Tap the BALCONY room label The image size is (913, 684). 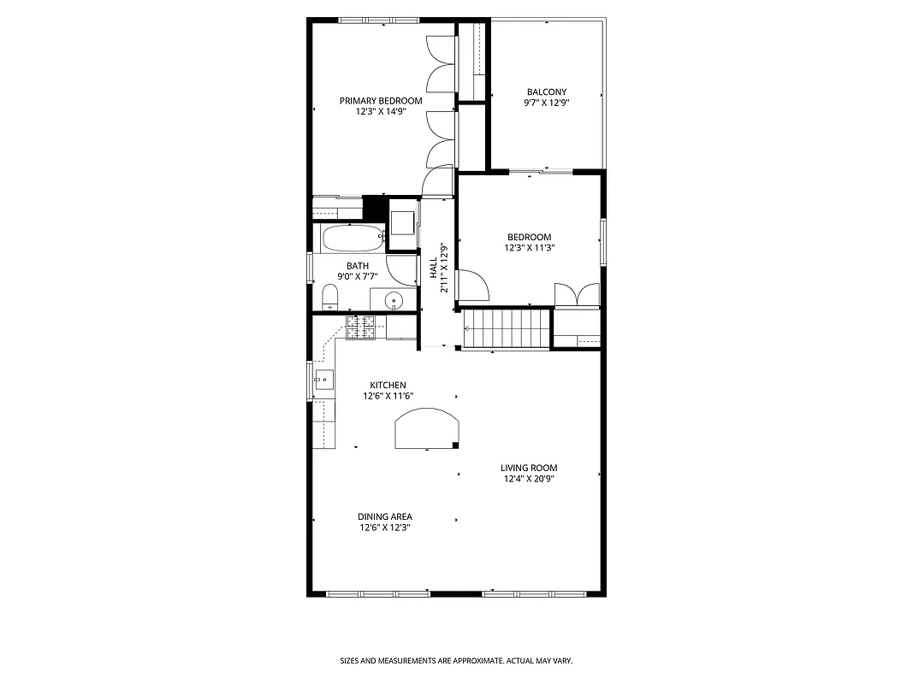[546, 91]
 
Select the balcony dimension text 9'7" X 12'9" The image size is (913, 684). [546, 103]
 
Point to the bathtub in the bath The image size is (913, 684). [353, 238]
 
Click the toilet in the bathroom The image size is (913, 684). [330, 298]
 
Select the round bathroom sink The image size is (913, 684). [394, 300]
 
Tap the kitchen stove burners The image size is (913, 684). [361, 327]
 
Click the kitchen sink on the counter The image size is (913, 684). [323, 380]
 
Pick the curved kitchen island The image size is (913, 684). [427, 428]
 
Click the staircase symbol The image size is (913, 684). [506, 329]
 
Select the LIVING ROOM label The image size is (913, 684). [529, 468]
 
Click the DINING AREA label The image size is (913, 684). [385, 516]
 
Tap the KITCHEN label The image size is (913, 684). [388, 385]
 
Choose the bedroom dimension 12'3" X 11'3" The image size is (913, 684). [529, 249]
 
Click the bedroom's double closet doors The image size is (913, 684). [578, 294]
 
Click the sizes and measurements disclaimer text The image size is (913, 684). [456, 661]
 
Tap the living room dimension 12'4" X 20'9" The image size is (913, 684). [529, 479]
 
